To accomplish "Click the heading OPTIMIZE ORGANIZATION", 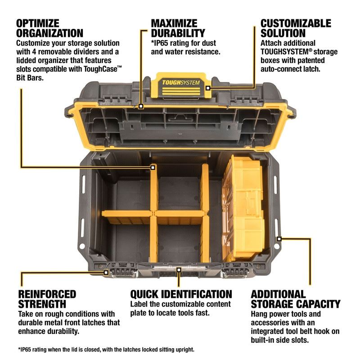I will pyautogui.click(x=50, y=28).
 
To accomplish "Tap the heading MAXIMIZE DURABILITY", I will pyautogui.click(x=178, y=28).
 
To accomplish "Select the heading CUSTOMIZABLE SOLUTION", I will pyautogui.click(x=296, y=28).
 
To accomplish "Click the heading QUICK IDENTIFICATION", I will pyautogui.click(x=181, y=294).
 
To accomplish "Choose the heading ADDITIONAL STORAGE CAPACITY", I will pyautogui.click(x=296, y=299).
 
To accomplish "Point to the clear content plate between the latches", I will pyautogui.click(x=179, y=270).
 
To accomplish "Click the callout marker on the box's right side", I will pyautogui.click(x=279, y=238).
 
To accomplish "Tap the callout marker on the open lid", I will pyautogui.click(x=141, y=107).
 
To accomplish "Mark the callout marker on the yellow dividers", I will pyautogui.click(x=153, y=167).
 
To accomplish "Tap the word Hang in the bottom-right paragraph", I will pyautogui.click(x=260, y=314).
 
